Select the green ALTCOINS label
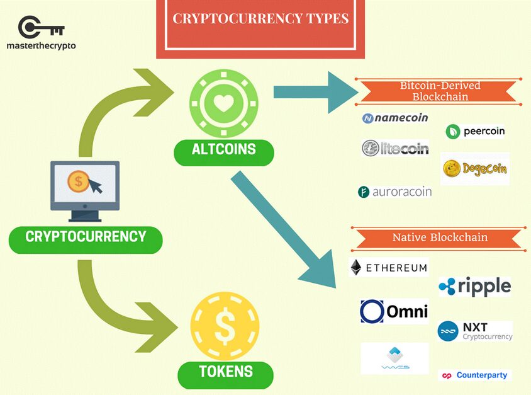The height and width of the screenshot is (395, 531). coord(223,150)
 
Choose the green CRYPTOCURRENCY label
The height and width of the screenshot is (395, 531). coord(86,238)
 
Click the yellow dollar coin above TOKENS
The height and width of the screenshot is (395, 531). coord(225,325)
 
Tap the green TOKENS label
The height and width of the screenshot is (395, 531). coord(225,372)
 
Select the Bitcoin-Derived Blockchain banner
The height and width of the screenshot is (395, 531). coord(439,91)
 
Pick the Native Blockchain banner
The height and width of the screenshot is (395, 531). coord(439,238)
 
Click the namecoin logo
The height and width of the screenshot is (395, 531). coord(395,118)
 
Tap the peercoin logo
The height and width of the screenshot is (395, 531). coord(475,132)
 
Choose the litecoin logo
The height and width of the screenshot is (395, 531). coord(395,148)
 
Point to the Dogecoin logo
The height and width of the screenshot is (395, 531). coord(474,168)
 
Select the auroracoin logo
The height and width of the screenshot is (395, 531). coord(395,192)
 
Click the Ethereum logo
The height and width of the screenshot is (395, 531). coord(388,267)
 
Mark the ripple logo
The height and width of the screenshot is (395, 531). coord(474,287)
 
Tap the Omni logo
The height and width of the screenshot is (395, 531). coord(394,311)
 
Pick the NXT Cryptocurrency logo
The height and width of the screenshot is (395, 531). coord(474,331)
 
